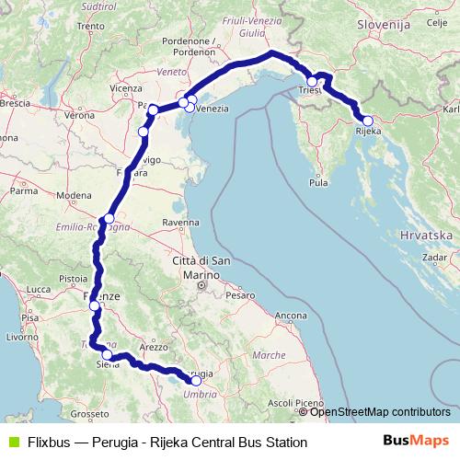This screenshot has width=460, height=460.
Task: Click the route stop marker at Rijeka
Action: [367, 121]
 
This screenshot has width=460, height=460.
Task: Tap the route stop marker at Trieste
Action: [312, 82]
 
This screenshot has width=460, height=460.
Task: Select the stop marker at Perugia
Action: [196, 380]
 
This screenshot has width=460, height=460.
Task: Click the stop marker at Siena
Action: [108, 355]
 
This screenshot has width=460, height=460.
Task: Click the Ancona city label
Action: [290, 316]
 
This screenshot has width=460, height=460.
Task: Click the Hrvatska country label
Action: [425, 236]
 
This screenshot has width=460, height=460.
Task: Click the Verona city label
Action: [80, 117]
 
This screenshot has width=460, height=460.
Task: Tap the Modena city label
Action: [74, 196]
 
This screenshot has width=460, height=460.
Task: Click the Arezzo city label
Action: [154, 347]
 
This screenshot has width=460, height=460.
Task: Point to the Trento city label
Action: [92, 27]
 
